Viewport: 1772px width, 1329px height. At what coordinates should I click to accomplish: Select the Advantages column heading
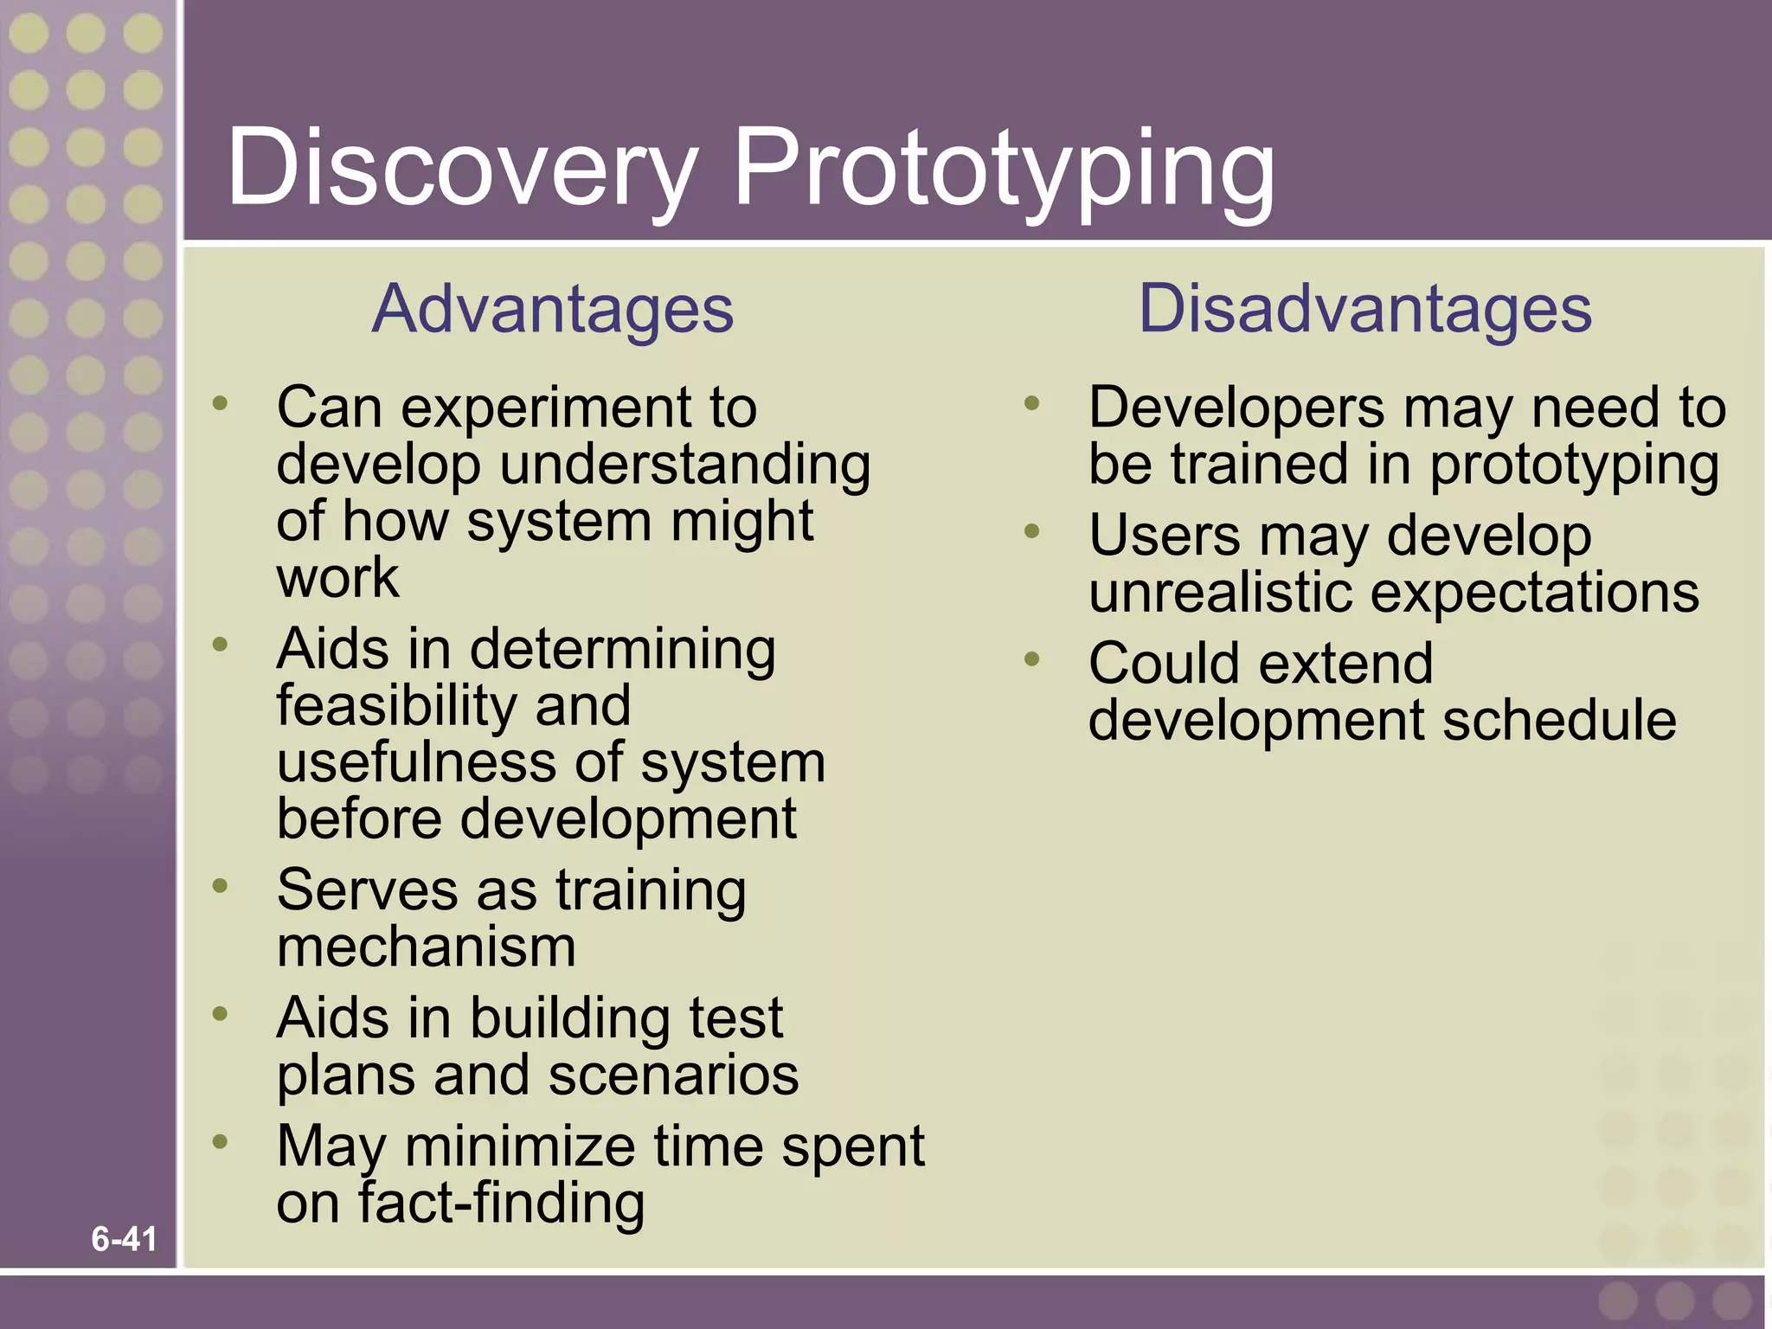click(x=553, y=309)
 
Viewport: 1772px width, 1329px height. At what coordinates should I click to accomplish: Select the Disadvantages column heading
click(x=1364, y=309)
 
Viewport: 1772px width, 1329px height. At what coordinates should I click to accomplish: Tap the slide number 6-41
click(x=124, y=1239)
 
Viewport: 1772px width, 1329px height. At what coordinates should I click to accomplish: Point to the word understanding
click(x=684, y=465)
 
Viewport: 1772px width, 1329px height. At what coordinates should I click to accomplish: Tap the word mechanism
click(x=426, y=947)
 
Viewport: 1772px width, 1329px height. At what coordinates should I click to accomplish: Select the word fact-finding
click(x=501, y=1204)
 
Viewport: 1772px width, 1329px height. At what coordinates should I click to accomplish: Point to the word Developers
click(x=1236, y=408)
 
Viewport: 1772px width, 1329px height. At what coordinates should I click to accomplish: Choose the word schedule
click(x=1559, y=721)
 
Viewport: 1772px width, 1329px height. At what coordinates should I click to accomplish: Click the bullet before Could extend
click(x=1031, y=660)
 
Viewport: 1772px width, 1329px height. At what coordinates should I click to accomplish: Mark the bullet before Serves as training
click(x=221, y=886)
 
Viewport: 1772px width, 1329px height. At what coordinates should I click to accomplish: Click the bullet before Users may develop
click(x=1031, y=531)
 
